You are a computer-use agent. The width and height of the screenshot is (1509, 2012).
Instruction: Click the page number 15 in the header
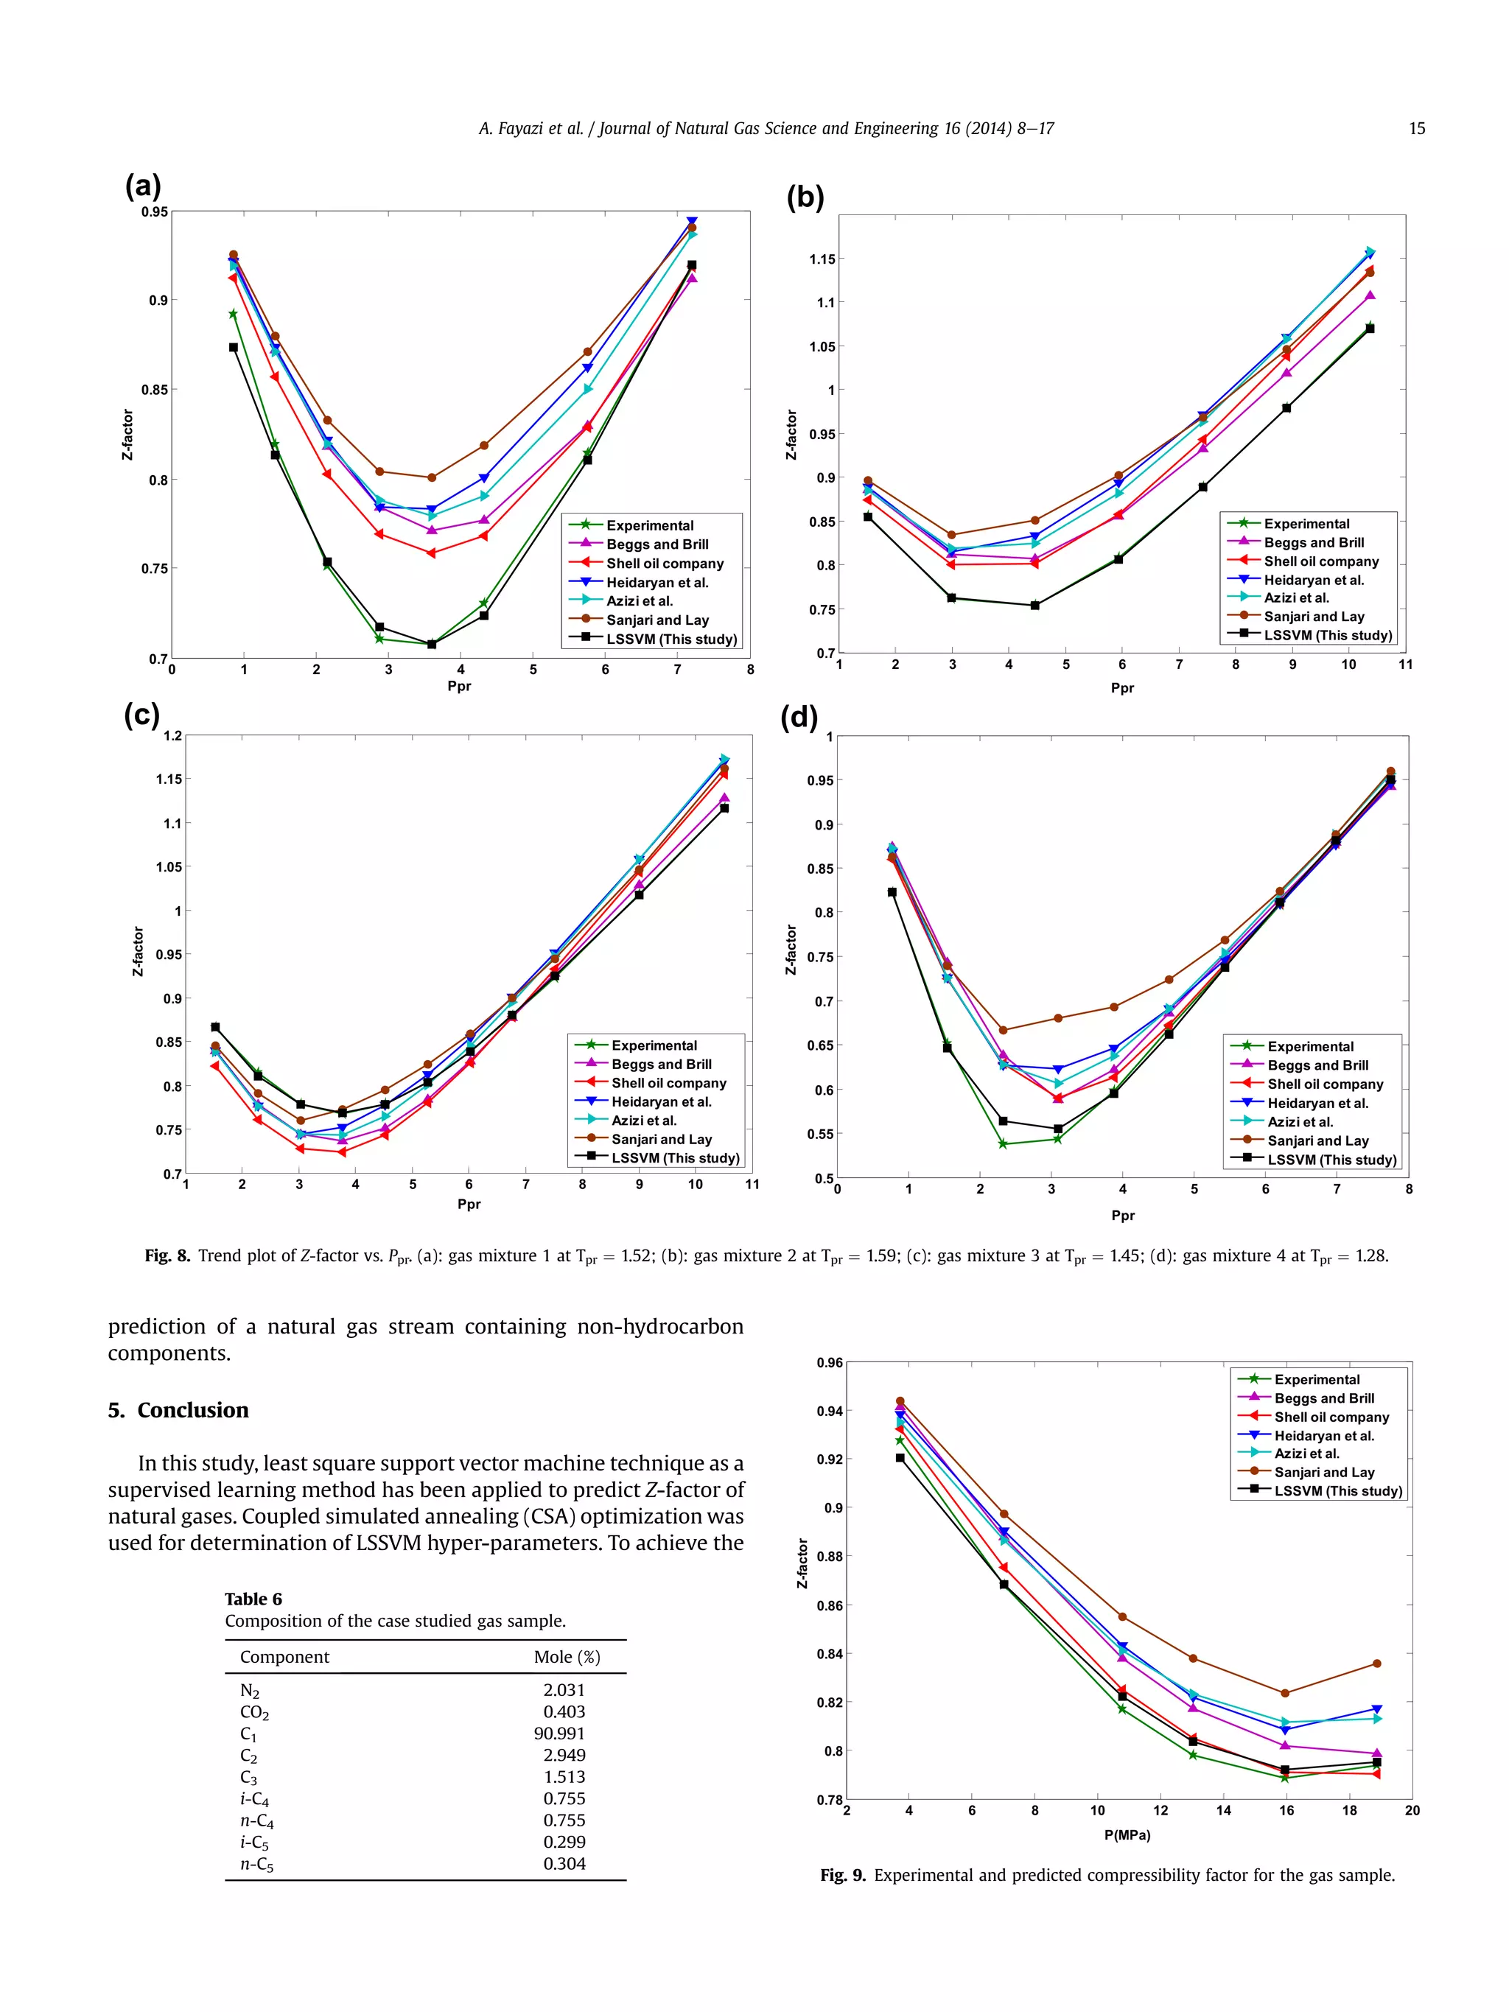(x=1416, y=129)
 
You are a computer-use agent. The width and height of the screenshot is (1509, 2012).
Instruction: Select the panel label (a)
(x=143, y=186)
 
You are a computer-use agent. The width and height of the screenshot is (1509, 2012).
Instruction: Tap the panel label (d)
(x=799, y=717)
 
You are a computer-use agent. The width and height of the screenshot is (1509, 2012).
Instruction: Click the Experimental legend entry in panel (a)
(x=649, y=526)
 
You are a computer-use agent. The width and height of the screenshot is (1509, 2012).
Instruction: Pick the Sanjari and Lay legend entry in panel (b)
(x=1314, y=616)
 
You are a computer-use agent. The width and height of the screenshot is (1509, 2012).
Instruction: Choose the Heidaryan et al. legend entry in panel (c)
(x=661, y=1101)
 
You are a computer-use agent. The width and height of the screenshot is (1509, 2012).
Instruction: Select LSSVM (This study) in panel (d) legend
(x=1331, y=1160)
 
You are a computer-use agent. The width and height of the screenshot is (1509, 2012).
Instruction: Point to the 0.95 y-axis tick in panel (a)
(x=155, y=212)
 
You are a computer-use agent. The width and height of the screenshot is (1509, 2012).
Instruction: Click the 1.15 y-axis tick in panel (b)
(x=822, y=259)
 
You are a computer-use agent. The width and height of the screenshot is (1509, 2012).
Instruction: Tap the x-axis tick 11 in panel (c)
(x=752, y=1184)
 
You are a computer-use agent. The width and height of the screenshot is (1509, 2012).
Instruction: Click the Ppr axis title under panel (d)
(x=1122, y=1215)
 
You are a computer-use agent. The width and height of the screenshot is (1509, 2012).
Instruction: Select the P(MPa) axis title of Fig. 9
(x=1127, y=1834)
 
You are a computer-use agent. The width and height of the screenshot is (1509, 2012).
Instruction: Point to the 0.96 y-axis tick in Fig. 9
(x=829, y=1362)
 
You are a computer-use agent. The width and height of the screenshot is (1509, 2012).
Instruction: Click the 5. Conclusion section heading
(x=178, y=1410)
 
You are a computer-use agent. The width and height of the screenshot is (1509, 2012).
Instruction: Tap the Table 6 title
(x=253, y=1599)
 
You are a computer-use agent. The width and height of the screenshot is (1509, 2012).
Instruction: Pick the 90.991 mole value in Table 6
(x=559, y=1734)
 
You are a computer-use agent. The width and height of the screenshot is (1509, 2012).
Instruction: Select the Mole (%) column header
(x=567, y=1656)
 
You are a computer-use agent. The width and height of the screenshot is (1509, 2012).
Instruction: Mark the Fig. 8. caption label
(x=167, y=1256)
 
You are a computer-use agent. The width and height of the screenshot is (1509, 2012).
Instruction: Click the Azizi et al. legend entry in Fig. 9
(x=1306, y=1454)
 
